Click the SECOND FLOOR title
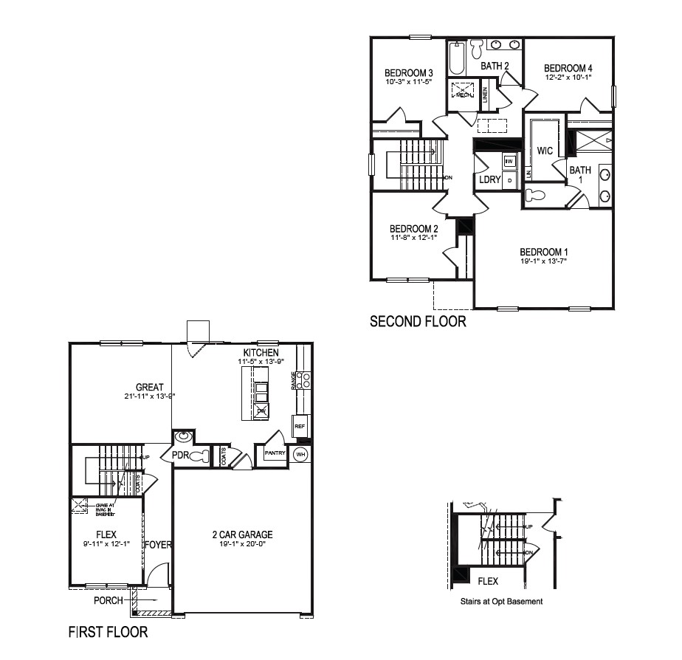[418, 321]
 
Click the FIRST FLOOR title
[108, 632]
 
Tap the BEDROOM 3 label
[408, 72]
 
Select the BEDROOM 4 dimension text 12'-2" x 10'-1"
[568, 77]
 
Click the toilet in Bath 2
[477, 49]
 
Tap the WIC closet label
[545, 151]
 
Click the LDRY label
[489, 179]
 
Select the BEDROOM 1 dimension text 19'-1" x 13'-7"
[544, 261]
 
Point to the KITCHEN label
[261, 353]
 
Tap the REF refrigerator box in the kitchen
[300, 426]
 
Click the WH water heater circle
[300, 454]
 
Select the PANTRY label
[275, 454]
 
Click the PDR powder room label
[181, 456]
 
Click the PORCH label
[108, 601]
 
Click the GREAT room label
[150, 387]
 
